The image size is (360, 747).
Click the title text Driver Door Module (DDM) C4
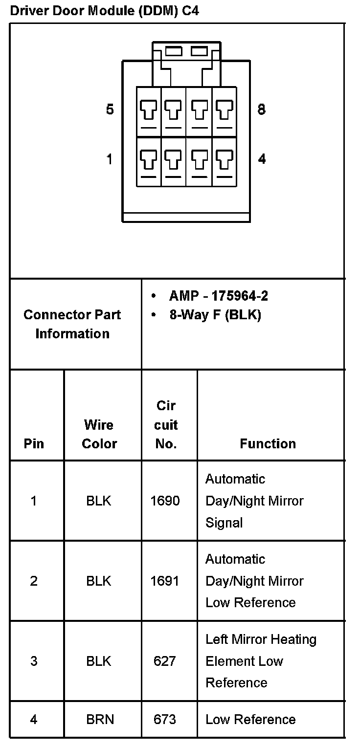(x=104, y=11)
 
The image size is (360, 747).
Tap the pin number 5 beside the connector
(x=110, y=110)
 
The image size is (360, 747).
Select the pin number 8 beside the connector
(x=261, y=110)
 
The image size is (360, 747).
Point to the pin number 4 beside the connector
(x=262, y=159)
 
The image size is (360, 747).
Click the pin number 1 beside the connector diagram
(x=110, y=159)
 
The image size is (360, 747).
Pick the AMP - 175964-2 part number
(x=218, y=296)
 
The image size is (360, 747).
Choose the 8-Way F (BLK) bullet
(x=215, y=315)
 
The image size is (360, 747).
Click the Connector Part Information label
(x=72, y=324)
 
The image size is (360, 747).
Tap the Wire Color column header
(x=99, y=434)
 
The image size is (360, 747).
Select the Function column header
(x=268, y=443)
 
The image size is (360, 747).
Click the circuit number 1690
(x=165, y=501)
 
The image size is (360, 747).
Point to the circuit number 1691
(x=165, y=581)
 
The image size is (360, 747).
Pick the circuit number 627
(x=164, y=661)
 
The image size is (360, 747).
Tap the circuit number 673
(x=164, y=719)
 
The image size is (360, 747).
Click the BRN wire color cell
(x=100, y=719)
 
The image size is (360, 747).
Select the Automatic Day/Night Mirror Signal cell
(x=254, y=501)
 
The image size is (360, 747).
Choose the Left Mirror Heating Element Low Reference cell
(x=261, y=661)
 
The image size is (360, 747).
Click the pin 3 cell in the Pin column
(x=34, y=661)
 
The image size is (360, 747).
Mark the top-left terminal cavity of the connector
(x=149, y=112)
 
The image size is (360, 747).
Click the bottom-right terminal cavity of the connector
(x=224, y=161)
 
